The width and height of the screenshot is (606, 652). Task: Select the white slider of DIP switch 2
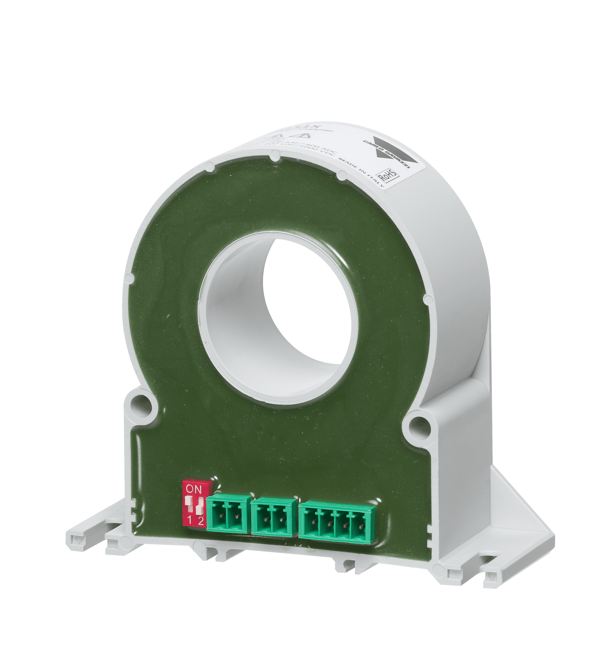[199, 509]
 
